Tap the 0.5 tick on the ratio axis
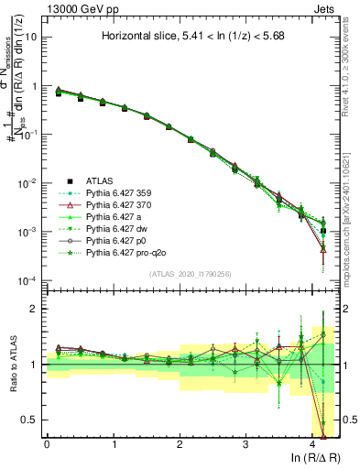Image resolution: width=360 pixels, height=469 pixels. (x=31, y=420)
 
